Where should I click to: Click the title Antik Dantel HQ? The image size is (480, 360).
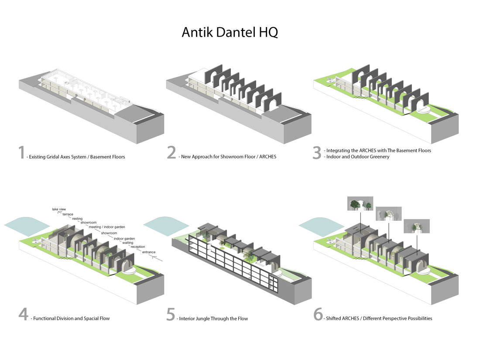[230, 33]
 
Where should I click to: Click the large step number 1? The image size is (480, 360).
[21, 153]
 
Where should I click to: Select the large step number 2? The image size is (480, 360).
[171, 153]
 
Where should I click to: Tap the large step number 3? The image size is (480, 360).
[317, 153]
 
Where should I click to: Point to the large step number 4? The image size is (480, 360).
[23, 315]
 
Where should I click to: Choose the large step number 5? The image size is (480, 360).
[171, 315]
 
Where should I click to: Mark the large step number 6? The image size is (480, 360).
[318, 315]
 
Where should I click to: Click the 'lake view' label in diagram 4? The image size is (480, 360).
[59, 209]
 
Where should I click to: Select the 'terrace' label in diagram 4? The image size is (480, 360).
[68, 214]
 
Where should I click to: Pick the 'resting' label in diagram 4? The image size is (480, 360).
[77, 219]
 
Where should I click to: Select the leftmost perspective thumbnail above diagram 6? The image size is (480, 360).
[360, 204]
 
